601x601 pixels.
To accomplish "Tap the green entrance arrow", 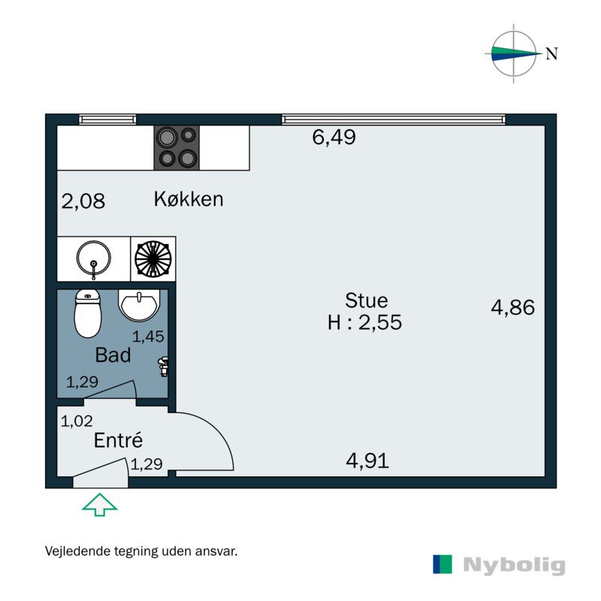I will (x=99, y=504).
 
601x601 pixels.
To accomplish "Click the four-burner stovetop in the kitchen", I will (x=177, y=147).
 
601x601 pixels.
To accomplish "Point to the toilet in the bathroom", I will (x=88, y=313).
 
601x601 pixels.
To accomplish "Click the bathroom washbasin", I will (x=139, y=305).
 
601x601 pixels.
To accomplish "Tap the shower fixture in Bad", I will (x=162, y=366).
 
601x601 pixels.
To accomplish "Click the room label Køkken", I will (x=189, y=200).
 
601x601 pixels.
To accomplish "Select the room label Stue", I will (x=366, y=300).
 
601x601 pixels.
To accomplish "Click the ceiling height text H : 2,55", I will (x=365, y=323).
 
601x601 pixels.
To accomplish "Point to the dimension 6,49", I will (x=334, y=137).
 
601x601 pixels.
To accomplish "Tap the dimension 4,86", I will (x=512, y=307).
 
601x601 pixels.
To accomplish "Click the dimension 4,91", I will (x=367, y=461).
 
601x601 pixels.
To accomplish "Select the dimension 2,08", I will (x=83, y=201).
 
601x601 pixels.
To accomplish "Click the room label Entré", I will (x=118, y=441).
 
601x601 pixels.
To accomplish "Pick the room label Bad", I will (x=113, y=355).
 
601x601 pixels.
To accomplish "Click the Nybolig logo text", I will (x=513, y=565).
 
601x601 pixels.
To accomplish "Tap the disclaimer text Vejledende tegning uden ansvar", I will (x=142, y=551).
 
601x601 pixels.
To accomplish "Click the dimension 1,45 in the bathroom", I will (x=148, y=337).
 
